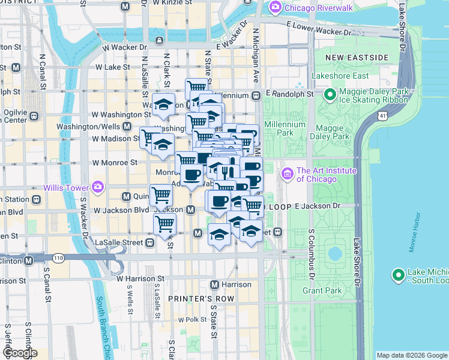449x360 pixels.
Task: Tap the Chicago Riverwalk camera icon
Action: click(276, 7)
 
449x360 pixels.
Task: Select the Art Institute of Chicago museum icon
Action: click(286, 174)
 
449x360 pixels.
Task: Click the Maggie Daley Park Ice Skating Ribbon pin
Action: click(330, 95)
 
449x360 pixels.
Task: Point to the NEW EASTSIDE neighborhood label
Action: click(357, 57)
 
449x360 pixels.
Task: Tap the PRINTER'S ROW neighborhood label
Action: click(196, 298)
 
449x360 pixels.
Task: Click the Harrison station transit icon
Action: click(215, 284)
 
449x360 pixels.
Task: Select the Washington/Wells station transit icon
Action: click(127, 127)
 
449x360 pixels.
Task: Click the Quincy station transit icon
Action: click(127, 196)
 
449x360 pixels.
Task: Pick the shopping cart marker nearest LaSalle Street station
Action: click(164, 224)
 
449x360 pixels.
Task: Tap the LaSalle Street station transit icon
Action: click(149, 242)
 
